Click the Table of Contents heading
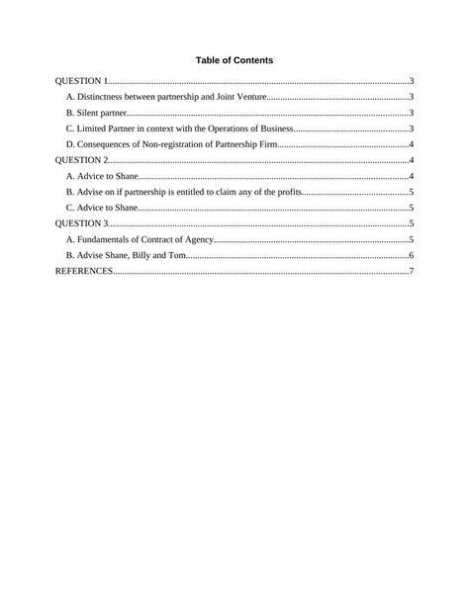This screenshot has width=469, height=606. [234, 60]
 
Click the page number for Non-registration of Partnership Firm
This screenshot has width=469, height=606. [411, 144]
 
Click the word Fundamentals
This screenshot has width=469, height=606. [105, 239]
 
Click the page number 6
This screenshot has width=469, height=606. [411, 255]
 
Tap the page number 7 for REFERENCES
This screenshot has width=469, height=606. [411, 271]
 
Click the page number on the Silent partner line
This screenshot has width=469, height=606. [411, 113]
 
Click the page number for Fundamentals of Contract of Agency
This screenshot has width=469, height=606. [411, 239]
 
